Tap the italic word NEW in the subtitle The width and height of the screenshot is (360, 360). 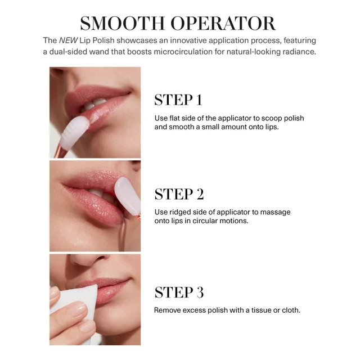pyautogui.click(x=67, y=40)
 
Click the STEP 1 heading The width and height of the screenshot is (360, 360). pyautogui.click(x=178, y=100)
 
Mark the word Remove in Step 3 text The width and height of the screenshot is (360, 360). pyautogui.click(x=167, y=310)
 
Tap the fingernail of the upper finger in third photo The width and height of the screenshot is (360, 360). pyautogui.click(x=55, y=294)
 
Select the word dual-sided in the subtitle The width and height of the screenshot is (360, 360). pyautogui.click(x=71, y=52)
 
